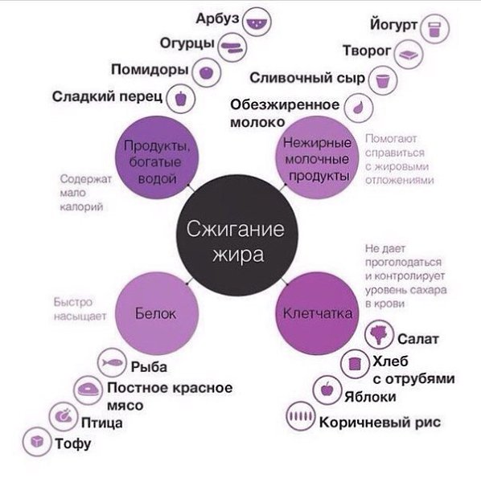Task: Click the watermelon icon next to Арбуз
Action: pyautogui.click(x=257, y=22)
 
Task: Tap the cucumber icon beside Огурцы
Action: pyautogui.click(x=232, y=47)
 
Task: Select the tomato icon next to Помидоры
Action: pyautogui.click(x=206, y=73)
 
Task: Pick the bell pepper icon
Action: pyautogui.click(x=181, y=98)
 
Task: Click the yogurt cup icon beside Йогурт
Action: pyautogui.click(x=435, y=29)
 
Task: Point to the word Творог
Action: pyautogui.click(x=367, y=51)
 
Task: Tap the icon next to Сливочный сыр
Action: pyautogui.click(x=383, y=80)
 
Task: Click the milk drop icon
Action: pyautogui.click(x=359, y=108)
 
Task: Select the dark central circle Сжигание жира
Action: pyautogui.click(x=237, y=235)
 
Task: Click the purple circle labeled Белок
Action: pyautogui.click(x=157, y=313)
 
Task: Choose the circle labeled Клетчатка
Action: pyautogui.click(x=317, y=313)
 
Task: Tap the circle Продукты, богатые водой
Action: pyautogui.click(x=157, y=157)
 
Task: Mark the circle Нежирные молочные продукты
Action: pyautogui.click(x=317, y=157)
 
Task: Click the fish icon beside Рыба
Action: pyautogui.click(x=112, y=363)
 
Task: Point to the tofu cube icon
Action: pyautogui.click(x=37, y=442)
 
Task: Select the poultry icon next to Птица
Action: pyautogui.click(x=64, y=416)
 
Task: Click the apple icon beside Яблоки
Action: pyautogui.click(x=327, y=390)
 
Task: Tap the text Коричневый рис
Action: pyautogui.click(x=380, y=423)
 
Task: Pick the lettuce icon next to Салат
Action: pyautogui.click(x=379, y=334)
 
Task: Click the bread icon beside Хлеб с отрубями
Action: pyautogui.click(x=355, y=363)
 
